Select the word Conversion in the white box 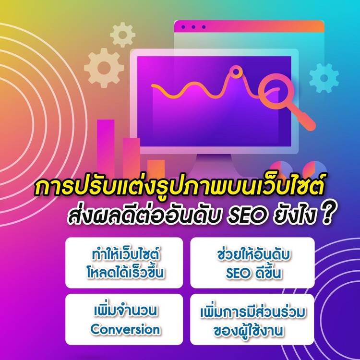[x=125, y=329]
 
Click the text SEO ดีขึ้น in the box [x=253, y=273]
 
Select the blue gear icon [x=324, y=78]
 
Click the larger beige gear [x=104, y=68]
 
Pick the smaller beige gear [x=122, y=35]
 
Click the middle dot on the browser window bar [x=193, y=27]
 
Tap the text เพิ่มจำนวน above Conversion [x=125, y=311]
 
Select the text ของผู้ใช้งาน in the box [x=248, y=331]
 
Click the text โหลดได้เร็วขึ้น [x=125, y=272]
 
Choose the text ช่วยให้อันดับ [x=253, y=255]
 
